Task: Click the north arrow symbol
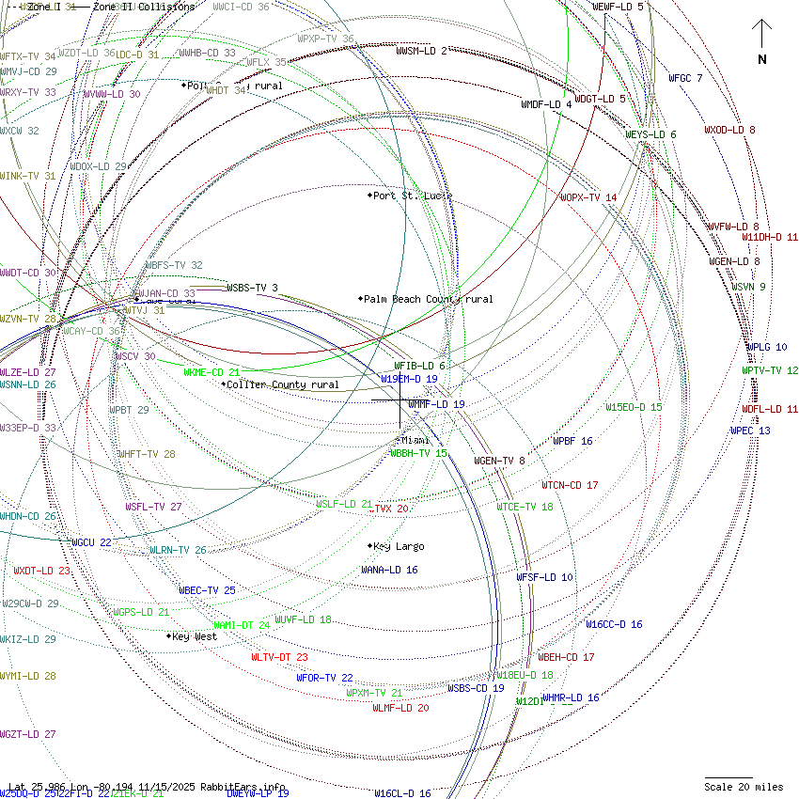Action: coord(761,38)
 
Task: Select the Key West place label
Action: coord(194,636)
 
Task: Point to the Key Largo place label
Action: coord(398,546)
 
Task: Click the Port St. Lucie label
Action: coord(412,196)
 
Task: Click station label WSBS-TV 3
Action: coord(252,288)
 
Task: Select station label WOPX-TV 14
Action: coord(588,197)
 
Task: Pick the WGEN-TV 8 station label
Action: coord(499,461)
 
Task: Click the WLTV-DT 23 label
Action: coord(279,657)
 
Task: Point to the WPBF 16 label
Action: coord(572,441)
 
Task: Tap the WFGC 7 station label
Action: coord(685,78)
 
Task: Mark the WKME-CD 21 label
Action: coord(211,372)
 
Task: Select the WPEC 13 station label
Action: coord(750,431)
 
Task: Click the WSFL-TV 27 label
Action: coord(153,507)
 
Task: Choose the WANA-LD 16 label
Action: coord(389,570)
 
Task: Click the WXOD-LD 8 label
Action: coord(729,130)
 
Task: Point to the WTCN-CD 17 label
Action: coord(570,485)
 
